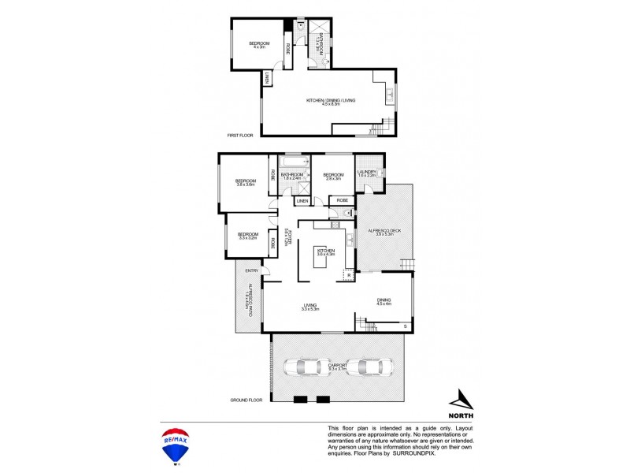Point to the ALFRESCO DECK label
click(384, 231)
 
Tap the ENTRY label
click(251, 271)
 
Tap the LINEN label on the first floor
click(268, 77)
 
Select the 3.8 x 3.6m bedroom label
click(245, 183)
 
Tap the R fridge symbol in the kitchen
click(348, 274)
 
